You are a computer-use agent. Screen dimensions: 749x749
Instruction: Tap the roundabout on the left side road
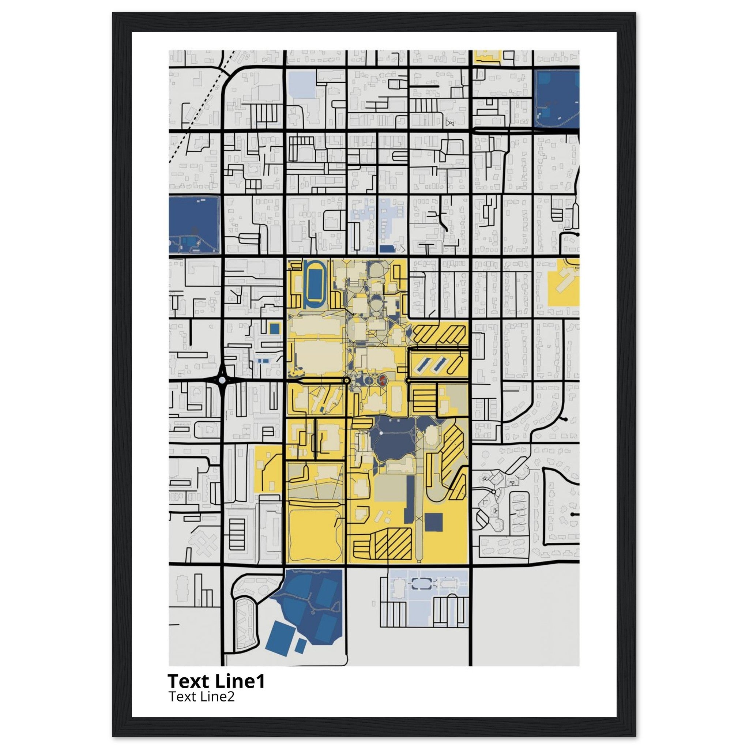222,380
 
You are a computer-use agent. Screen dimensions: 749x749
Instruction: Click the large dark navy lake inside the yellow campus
392,438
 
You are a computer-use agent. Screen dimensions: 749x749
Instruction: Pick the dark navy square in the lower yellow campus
433,522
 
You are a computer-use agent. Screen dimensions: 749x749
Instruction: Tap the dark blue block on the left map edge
194,225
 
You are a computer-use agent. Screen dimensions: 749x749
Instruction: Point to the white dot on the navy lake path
381,433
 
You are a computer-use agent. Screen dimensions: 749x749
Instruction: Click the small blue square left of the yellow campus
275,328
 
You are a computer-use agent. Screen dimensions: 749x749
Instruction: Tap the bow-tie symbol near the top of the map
450,123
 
